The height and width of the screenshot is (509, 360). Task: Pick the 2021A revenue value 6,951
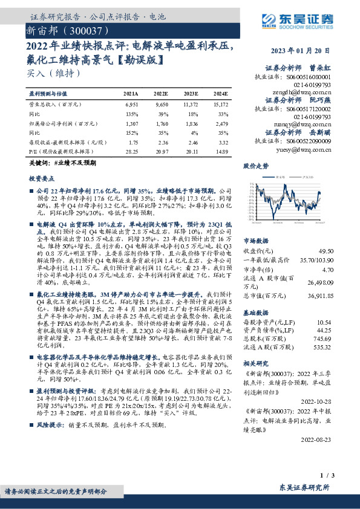pyautogui.click(x=131, y=105)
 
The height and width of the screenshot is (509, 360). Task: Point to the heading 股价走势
pyautogui.click(x=256, y=165)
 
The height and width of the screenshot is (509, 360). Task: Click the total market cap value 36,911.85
pyautogui.click(x=319, y=296)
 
